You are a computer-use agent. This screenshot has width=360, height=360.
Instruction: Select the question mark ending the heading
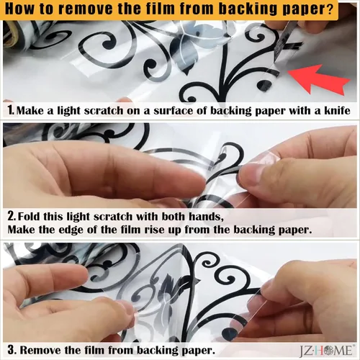point(330,9)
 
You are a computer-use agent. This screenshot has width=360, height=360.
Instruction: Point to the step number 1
point(10,111)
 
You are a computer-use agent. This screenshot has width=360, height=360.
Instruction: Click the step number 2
point(11,216)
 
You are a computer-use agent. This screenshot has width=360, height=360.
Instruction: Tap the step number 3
point(12,350)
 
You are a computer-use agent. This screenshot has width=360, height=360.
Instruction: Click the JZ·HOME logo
point(326,350)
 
